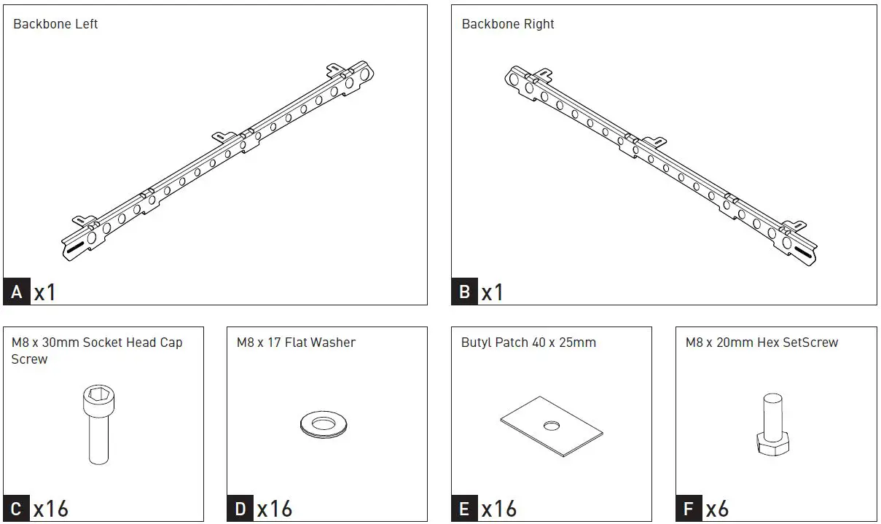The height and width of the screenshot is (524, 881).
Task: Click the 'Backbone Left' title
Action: (x=55, y=24)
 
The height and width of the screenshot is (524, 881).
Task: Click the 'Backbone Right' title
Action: (x=508, y=24)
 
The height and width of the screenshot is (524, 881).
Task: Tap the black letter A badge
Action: (x=17, y=292)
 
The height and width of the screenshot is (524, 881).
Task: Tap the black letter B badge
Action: (x=465, y=292)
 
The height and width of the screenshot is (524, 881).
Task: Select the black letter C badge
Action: (x=17, y=508)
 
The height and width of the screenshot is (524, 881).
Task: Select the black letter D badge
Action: (x=240, y=508)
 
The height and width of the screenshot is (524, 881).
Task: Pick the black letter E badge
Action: (x=465, y=508)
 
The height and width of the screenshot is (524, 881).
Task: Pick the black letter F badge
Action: (x=689, y=508)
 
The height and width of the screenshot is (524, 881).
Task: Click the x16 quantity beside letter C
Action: (x=51, y=508)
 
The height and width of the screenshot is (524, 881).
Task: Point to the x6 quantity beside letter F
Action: (x=717, y=508)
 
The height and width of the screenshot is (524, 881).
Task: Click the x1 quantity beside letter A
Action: (x=45, y=292)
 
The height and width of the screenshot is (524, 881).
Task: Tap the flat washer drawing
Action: (x=324, y=423)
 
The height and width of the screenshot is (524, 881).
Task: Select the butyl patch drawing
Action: (x=552, y=427)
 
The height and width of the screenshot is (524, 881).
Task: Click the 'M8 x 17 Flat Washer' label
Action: (x=296, y=343)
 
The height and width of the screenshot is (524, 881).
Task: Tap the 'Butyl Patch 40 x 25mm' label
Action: (x=528, y=343)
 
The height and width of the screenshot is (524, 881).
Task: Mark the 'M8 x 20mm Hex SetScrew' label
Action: (x=761, y=343)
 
